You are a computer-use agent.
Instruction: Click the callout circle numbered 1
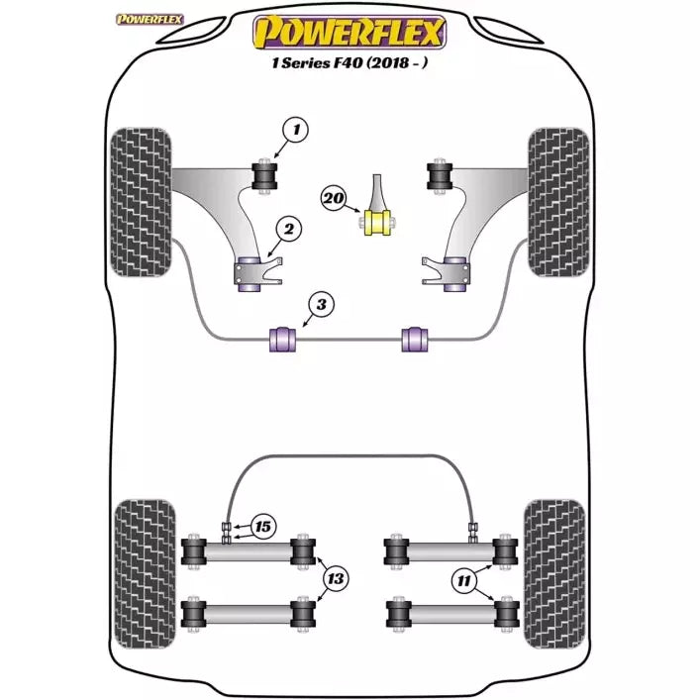pyautogui.click(x=295, y=128)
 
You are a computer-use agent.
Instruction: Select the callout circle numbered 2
pyautogui.click(x=288, y=231)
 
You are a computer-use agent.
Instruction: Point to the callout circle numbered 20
pyautogui.click(x=334, y=199)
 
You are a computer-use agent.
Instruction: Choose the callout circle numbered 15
pyautogui.click(x=263, y=527)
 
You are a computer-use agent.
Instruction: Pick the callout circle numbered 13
pyautogui.click(x=337, y=577)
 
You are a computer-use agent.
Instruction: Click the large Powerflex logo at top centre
pyautogui.click(x=350, y=32)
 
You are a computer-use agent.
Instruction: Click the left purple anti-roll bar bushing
pyautogui.click(x=281, y=337)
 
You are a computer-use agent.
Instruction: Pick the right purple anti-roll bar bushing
pyautogui.click(x=417, y=337)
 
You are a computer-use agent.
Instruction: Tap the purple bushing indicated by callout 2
pyautogui.click(x=248, y=274)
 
